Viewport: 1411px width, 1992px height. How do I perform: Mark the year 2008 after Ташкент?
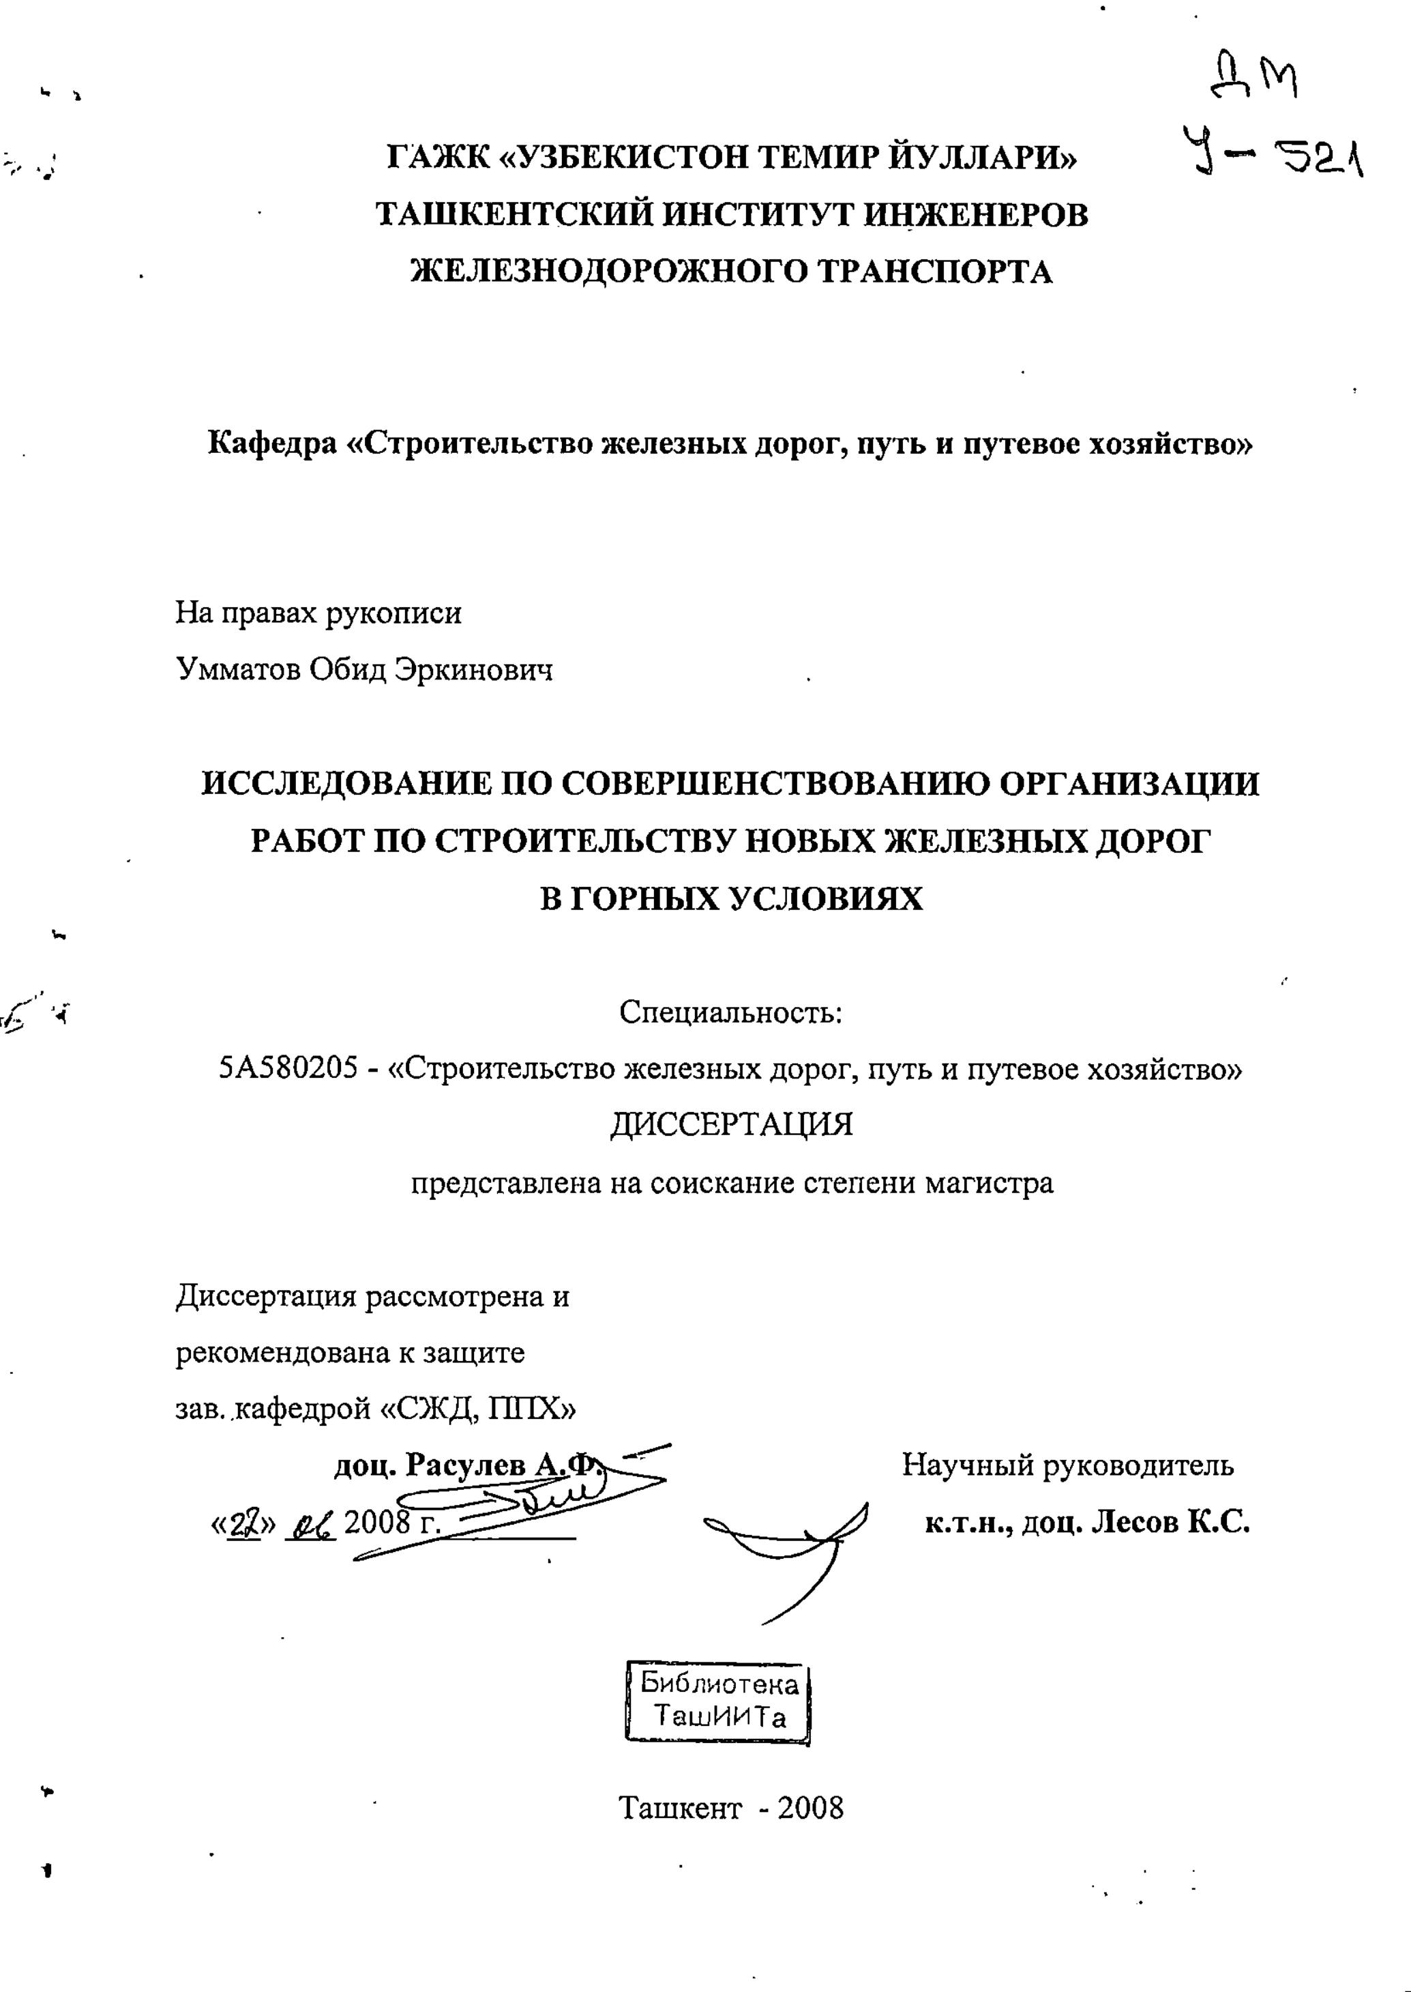[x=811, y=1808]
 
